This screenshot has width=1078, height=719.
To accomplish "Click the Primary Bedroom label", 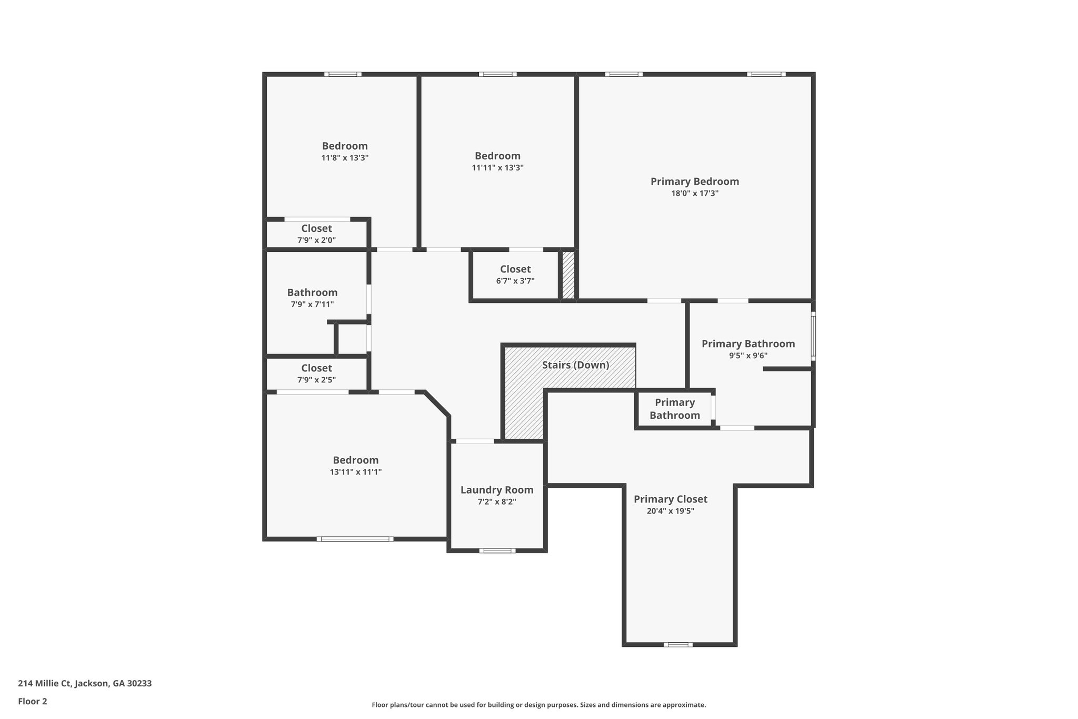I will [694, 182].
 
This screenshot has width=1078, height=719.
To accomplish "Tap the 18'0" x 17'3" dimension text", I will [694, 193].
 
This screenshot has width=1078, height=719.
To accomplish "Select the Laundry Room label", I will [497, 490].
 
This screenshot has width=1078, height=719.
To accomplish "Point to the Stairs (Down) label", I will [575, 365].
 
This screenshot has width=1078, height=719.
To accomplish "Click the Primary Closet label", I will [670, 499].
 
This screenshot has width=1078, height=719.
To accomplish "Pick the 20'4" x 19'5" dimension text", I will [670, 511].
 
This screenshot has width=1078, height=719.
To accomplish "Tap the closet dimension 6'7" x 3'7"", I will [515, 281].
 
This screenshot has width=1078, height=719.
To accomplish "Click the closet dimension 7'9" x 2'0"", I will [316, 240].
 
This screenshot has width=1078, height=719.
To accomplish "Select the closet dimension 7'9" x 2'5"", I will [316, 380].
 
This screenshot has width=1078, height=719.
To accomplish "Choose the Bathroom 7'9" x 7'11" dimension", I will [312, 304].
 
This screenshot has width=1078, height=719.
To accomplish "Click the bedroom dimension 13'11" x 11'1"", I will [355, 472].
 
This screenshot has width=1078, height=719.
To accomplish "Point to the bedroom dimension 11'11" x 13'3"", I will [497, 168].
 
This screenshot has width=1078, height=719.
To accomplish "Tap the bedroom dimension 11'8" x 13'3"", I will [345, 158].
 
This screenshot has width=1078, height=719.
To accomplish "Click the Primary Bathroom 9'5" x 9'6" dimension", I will [748, 356].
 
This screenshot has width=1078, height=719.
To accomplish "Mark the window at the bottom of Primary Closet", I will [678, 644].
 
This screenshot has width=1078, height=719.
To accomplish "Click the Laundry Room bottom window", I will [497, 551].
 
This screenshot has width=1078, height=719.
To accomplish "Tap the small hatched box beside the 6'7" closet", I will [568, 275].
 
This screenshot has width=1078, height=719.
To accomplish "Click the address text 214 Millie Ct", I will [85, 684].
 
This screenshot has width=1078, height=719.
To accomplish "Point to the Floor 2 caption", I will [33, 701].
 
